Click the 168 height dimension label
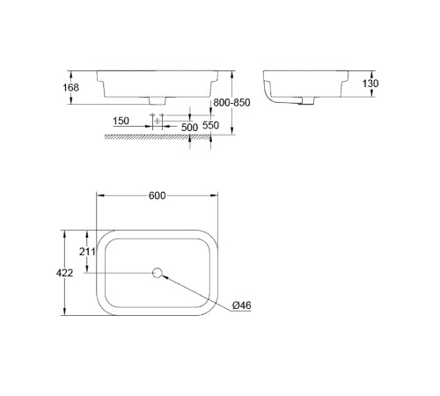click(x=71, y=87)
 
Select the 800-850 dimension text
click(x=232, y=103)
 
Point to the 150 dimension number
click(x=121, y=121)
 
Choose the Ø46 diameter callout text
click(x=243, y=306)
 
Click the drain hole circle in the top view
click(x=159, y=273)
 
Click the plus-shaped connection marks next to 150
click(x=155, y=118)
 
